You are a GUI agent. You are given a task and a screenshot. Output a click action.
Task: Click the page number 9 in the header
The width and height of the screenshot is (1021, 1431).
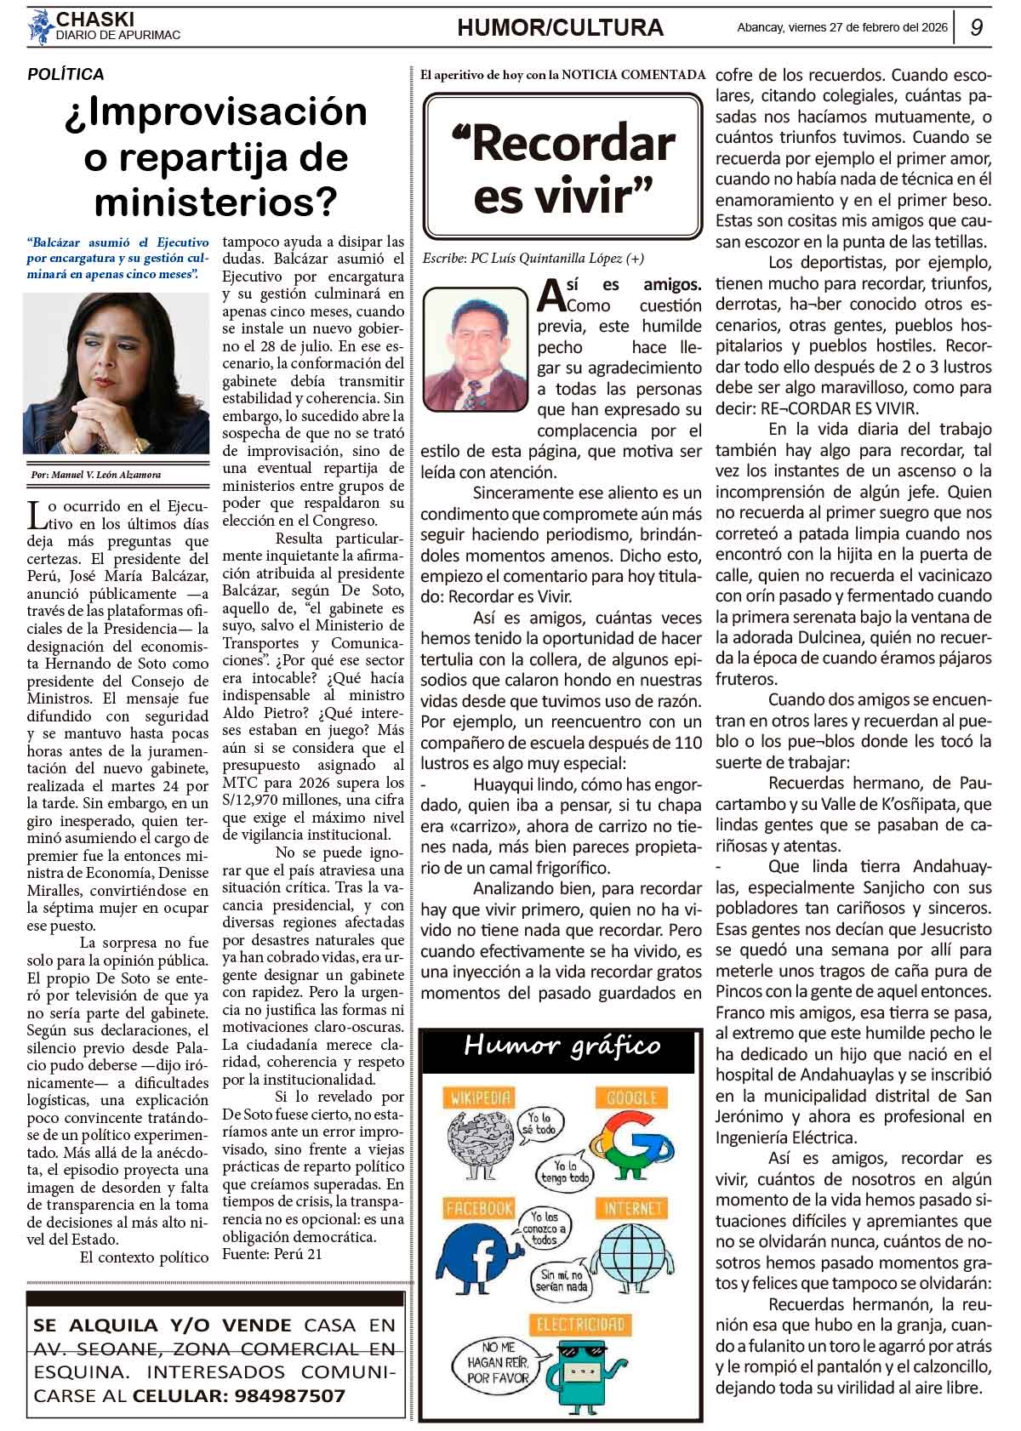click(977, 27)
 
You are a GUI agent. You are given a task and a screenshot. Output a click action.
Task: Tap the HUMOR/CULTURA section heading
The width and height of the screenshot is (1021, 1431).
click(560, 28)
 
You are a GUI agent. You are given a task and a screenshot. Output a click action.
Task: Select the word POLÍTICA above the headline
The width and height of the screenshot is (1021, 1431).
click(66, 75)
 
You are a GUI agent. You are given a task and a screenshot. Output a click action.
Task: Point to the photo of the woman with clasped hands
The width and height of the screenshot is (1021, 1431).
click(116, 373)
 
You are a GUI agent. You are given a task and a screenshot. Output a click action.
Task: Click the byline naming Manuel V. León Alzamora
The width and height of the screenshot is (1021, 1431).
click(94, 475)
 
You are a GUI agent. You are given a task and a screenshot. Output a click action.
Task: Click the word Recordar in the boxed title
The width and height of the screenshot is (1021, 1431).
click(573, 143)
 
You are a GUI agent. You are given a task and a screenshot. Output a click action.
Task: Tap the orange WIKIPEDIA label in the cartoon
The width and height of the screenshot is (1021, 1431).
click(481, 1098)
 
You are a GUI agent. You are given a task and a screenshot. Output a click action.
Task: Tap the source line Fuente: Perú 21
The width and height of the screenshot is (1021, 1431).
click(272, 1254)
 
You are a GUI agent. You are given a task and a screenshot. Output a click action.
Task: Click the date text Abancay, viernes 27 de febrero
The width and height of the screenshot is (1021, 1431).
click(841, 27)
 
